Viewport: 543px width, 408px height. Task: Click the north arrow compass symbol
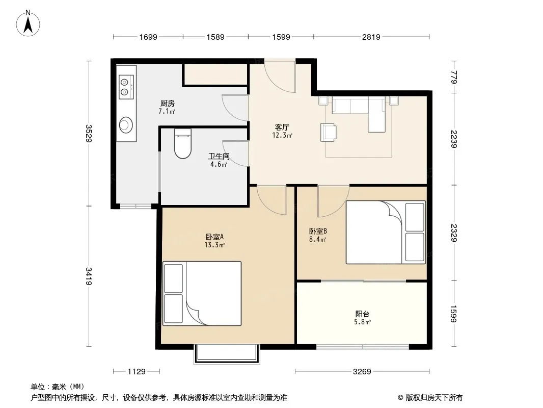point(28,23)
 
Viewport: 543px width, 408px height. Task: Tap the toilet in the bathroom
point(183,143)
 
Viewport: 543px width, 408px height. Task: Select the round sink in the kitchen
point(126,125)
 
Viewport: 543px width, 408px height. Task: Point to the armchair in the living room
point(328,132)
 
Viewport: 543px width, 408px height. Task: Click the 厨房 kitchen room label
point(167,104)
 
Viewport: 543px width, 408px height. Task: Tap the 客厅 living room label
point(282,127)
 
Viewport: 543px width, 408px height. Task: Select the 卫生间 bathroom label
point(219,157)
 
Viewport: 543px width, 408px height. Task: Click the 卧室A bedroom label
point(215,237)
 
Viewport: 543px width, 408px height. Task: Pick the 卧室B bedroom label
point(318,231)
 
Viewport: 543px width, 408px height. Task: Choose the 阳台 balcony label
point(362,314)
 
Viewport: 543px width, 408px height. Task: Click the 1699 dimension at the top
point(148,37)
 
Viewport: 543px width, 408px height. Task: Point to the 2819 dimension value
point(371,37)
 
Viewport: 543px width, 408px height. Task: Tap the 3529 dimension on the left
point(89,134)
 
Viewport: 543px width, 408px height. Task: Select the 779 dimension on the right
point(454,77)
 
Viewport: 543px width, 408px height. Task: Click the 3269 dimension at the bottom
point(362,372)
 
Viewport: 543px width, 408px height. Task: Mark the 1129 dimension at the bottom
point(137,372)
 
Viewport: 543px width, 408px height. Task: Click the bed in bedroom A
point(202,293)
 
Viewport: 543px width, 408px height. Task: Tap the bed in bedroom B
point(386,232)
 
